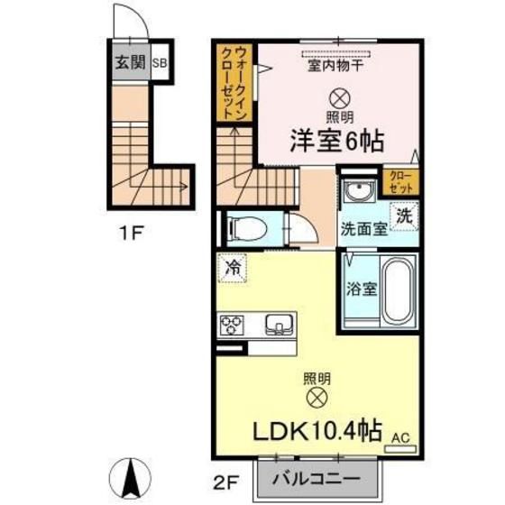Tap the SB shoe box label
pyautogui.click(x=159, y=63)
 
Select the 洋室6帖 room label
pyautogui.click(x=336, y=141)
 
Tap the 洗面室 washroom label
pyautogui.click(x=363, y=228)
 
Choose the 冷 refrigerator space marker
pyautogui.click(x=233, y=268)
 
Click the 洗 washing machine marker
pyautogui.click(x=406, y=216)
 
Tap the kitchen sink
pyautogui.click(x=278, y=322)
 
